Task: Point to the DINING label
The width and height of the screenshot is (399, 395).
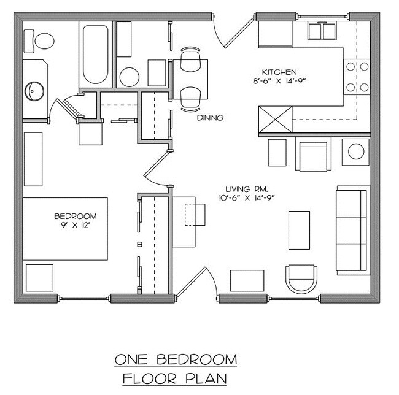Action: click(209, 118)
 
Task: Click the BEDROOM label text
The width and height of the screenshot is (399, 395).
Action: click(75, 216)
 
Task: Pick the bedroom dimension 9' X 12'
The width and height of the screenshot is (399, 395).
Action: click(76, 224)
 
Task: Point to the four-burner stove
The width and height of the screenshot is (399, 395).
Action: click(357, 77)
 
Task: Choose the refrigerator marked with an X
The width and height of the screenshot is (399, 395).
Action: click(275, 118)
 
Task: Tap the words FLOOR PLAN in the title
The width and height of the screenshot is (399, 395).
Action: click(174, 378)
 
